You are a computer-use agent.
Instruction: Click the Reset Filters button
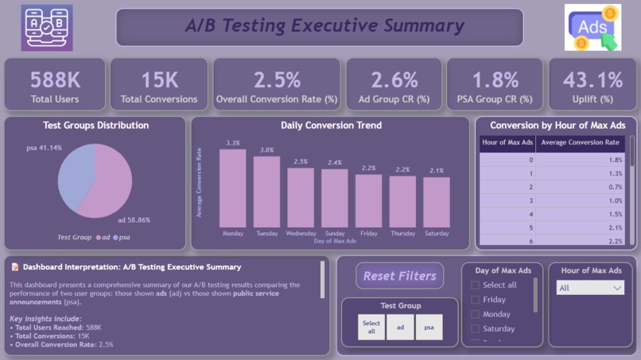[x=399, y=276]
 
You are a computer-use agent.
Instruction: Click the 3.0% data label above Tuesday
[x=266, y=150]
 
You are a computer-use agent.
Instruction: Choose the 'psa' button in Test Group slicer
[x=429, y=327]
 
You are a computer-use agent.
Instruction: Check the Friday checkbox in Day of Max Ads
[x=476, y=300]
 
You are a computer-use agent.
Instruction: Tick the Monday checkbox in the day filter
[x=476, y=314]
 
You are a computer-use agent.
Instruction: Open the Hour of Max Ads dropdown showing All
[x=590, y=288]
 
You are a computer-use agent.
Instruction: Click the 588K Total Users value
[x=55, y=80]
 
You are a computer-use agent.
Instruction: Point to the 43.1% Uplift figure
[x=592, y=80]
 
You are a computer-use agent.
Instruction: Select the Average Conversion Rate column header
[x=580, y=143]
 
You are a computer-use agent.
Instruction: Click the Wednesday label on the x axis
[x=301, y=234]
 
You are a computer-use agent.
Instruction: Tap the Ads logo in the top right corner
[x=592, y=28]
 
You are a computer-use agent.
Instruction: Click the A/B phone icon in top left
[x=47, y=28]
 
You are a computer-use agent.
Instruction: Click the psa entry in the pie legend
[x=121, y=237]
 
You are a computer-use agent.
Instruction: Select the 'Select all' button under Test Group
[x=371, y=327]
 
